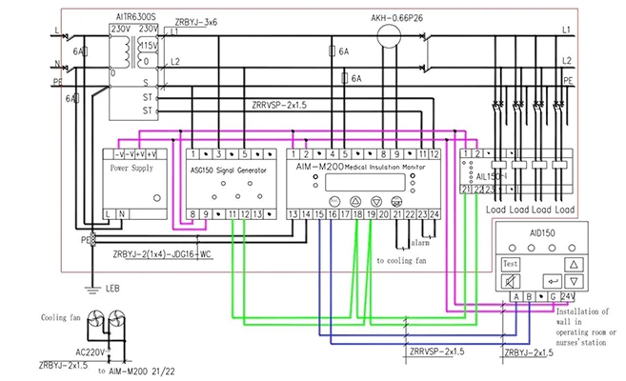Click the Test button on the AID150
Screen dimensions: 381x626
tap(512, 262)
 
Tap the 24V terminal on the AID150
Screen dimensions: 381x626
tap(568, 297)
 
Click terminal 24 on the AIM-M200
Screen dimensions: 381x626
tap(434, 214)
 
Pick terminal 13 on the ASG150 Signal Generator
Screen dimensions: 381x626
tap(257, 214)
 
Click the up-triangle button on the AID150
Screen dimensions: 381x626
tap(573, 262)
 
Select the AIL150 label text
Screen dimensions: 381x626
tap(487, 176)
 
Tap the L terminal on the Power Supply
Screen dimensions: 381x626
tap(109, 214)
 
